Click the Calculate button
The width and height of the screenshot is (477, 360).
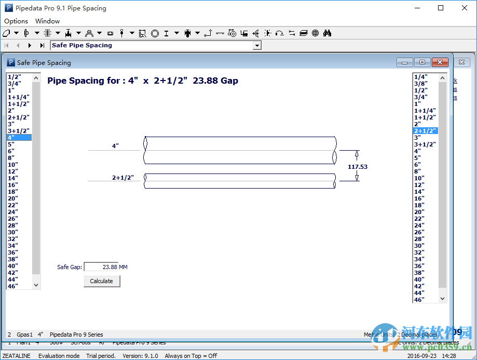[102, 281]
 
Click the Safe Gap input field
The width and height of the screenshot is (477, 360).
[101, 267]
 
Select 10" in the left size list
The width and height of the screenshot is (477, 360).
[13, 165]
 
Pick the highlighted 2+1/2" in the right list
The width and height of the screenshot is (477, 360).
[425, 131]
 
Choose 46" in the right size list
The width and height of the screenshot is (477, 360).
[419, 300]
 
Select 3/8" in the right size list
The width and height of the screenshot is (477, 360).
[421, 84]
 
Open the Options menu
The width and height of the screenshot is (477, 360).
[16, 21]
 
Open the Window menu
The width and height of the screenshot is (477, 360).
[47, 21]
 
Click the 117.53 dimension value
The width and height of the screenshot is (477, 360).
[357, 167]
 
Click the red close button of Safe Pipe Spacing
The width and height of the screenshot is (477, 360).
[440, 62]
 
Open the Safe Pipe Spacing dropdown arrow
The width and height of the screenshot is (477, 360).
[256, 46]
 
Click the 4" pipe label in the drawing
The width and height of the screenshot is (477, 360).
[115, 146]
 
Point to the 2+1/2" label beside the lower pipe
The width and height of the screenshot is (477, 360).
[122, 178]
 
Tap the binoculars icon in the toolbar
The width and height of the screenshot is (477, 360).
[327, 33]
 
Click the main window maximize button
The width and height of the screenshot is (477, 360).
[441, 8]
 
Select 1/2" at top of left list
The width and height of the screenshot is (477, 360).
[14, 77]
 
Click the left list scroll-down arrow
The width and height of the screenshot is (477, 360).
[36, 285]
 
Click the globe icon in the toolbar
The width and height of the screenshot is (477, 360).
[315, 33]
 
